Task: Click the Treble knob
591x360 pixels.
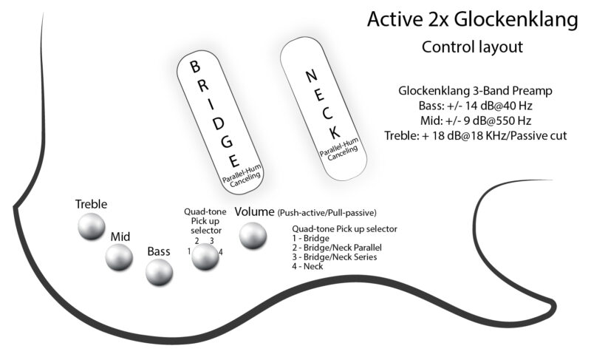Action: pyautogui.click(x=92, y=226)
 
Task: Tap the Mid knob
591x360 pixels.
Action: pyautogui.click(x=119, y=257)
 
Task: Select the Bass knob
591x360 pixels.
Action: pyautogui.click(x=160, y=273)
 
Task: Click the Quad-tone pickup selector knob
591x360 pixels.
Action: pyautogui.click(x=205, y=257)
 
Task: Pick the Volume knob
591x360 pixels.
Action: pyautogui.click(x=253, y=235)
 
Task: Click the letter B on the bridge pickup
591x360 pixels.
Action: pyautogui.click(x=195, y=67)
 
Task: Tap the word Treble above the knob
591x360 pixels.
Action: pyautogui.click(x=92, y=204)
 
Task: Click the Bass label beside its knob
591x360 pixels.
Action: pyautogui.click(x=158, y=251)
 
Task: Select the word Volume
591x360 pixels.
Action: pyautogui.click(x=254, y=212)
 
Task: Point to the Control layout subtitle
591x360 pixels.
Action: pyautogui.click(x=472, y=47)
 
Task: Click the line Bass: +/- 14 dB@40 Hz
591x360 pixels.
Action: pyautogui.click(x=476, y=106)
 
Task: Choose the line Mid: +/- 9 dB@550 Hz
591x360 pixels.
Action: pyautogui.click(x=476, y=121)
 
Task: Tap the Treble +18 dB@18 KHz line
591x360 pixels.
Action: pyautogui.click(x=476, y=136)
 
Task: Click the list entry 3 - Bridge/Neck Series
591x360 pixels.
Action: pyautogui.click(x=335, y=257)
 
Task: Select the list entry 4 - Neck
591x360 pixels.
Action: pyautogui.click(x=309, y=266)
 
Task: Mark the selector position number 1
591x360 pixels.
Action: pyautogui.click(x=189, y=251)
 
